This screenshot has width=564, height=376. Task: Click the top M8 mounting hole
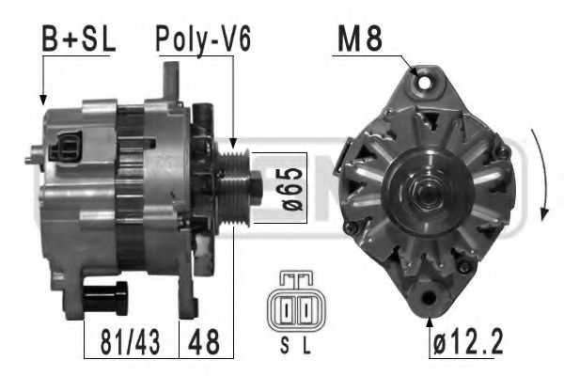point(429,82)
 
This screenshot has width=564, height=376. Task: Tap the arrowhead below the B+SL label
point(42,99)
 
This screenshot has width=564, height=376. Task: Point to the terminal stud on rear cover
point(35,149)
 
